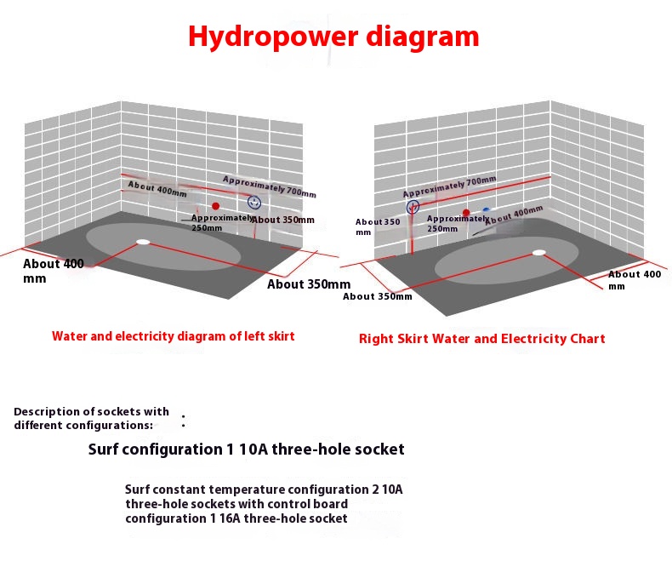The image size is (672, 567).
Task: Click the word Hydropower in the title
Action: pyautogui.click(x=273, y=37)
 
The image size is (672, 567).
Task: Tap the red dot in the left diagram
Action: pyautogui.click(x=215, y=206)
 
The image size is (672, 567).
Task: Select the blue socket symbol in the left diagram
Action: pyautogui.click(x=254, y=203)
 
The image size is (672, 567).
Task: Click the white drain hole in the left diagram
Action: pyautogui.click(x=143, y=242)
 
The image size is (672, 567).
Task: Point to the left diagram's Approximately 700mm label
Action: pyautogui.click(x=270, y=187)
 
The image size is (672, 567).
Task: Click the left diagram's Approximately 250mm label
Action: pyautogui.click(x=222, y=222)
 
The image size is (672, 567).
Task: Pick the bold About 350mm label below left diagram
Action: pyautogui.click(x=309, y=284)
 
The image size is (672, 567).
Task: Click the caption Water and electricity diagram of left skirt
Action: pyautogui.click(x=174, y=335)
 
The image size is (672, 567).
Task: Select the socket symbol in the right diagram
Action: pyautogui.click(x=413, y=207)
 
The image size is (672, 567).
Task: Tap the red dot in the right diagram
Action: pyautogui.click(x=466, y=212)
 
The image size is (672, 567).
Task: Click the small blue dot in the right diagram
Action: pyautogui.click(x=486, y=210)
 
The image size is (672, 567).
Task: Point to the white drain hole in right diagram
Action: pyautogui.click(x=539, y=253)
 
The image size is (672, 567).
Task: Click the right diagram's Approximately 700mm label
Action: pyautogui.click(x=450, y=186)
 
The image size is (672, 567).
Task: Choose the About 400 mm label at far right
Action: pyautogui.click(x=635, y=280)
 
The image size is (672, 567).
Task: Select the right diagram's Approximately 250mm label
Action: pyautogui.click(x=458, y=223)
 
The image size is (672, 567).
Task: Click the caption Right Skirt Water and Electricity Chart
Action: pyautogui.click(x=481, y=339)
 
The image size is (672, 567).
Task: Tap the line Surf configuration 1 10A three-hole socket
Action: pyautogui.click(x=246, y=450)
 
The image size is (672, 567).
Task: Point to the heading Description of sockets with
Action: pyautogui.click(x=91, y=412)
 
